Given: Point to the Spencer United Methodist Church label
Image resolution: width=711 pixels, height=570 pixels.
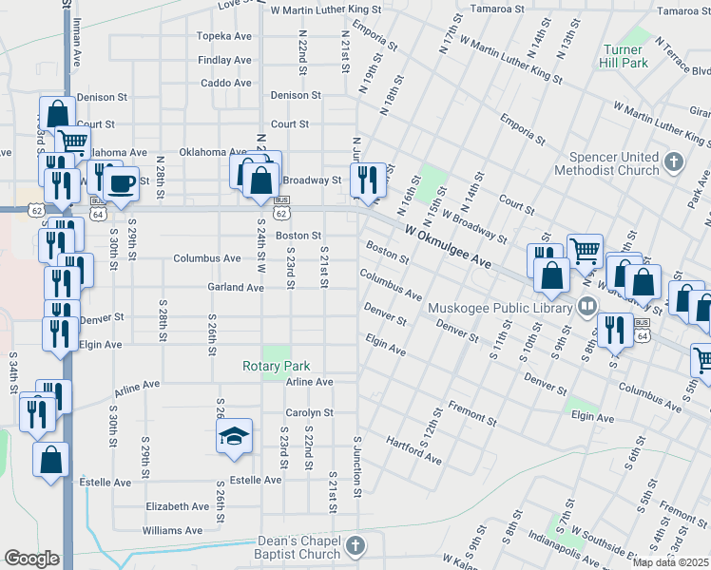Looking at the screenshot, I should [x=614, y=163].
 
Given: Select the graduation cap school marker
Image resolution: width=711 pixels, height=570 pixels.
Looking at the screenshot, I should [x=234, y=436].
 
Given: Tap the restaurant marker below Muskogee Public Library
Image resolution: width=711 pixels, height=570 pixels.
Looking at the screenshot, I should [x=615, y=329].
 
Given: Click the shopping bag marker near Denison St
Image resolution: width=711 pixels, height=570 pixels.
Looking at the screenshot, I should [x=57, y=113].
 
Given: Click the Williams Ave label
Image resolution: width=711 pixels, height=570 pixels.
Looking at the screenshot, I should [x=172, y=530].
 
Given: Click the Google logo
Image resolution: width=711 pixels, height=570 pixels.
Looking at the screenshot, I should [x=31, y=559].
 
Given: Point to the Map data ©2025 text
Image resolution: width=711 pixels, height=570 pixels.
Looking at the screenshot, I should [x=670, y=562].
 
